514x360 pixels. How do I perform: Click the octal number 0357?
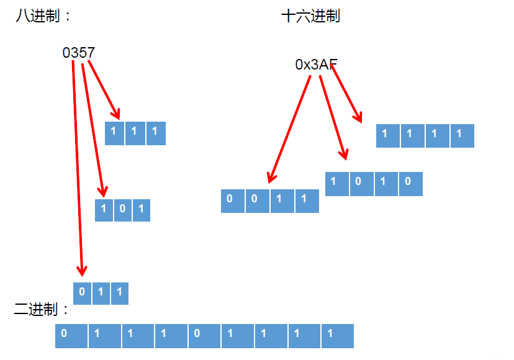point(79,53)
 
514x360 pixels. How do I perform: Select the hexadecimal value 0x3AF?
point(317,65)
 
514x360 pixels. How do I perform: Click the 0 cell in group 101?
point(122,210)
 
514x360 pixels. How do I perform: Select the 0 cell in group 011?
point(82,293)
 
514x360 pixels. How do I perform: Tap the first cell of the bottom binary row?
point(71,336)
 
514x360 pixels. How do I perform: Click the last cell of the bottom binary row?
point(337,336)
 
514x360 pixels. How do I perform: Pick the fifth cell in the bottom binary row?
point(204,336)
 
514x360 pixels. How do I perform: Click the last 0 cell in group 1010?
point(410,184)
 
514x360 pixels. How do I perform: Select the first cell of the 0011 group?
point(233,200)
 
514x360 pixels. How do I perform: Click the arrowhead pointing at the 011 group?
point(81,271)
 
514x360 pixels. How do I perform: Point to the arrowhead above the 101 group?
point(103,192)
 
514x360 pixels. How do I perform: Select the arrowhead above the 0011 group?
point(271,178)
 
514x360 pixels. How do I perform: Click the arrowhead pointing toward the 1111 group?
point(358,117)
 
